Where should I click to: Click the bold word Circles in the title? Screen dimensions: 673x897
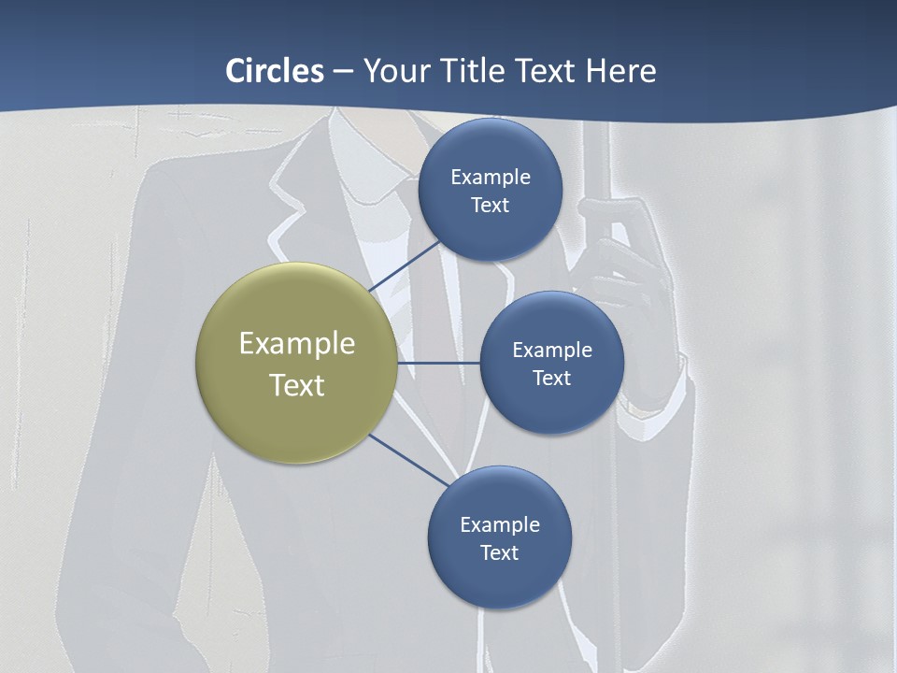[275, 71]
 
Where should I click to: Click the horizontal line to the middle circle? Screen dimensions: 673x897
[439, 363]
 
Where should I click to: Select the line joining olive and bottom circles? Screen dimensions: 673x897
[409, 460]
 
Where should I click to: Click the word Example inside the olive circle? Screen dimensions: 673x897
[297, 343]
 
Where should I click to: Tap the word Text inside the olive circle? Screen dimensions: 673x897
[297, 385]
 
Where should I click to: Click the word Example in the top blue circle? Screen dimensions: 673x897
[491, 177]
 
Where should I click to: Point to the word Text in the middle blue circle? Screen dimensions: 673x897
[551, 378]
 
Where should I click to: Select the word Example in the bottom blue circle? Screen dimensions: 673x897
[500, 524]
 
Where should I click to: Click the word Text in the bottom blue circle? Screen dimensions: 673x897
[500, 552]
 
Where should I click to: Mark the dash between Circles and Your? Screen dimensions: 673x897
[343, 71]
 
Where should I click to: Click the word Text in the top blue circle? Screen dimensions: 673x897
[491, 205]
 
